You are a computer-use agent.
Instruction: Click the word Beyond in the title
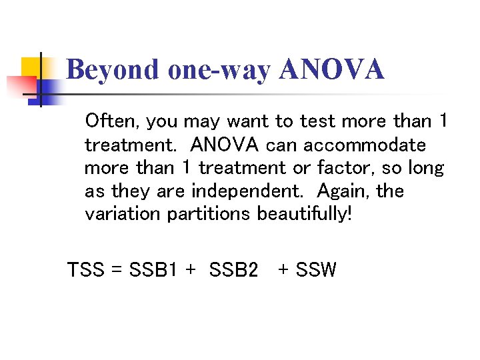coord(113,70)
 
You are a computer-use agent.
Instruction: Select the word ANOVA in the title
coord(332,70)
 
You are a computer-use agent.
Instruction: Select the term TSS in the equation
coord(86,270)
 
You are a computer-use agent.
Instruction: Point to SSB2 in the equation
coord(233,270)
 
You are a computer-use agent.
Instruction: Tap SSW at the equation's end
coord(316,270)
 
